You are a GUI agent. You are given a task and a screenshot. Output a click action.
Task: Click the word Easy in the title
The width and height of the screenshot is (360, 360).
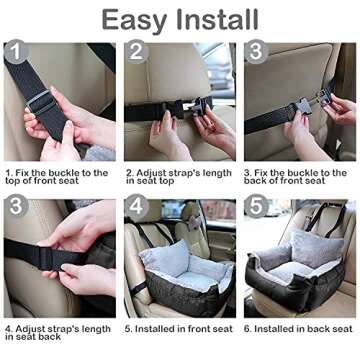pos(137,20)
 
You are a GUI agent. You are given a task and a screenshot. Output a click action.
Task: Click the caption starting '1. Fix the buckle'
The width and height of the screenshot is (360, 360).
pos(58,177)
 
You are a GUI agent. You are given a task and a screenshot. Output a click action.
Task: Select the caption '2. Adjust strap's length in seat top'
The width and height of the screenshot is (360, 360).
pos(178,177)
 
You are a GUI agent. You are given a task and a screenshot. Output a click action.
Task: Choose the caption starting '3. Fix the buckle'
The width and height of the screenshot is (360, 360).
pos(298,177)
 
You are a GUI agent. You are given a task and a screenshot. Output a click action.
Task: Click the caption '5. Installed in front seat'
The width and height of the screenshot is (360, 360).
pos(178,328)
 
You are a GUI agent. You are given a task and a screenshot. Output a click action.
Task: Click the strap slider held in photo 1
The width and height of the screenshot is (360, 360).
pos(40,100)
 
